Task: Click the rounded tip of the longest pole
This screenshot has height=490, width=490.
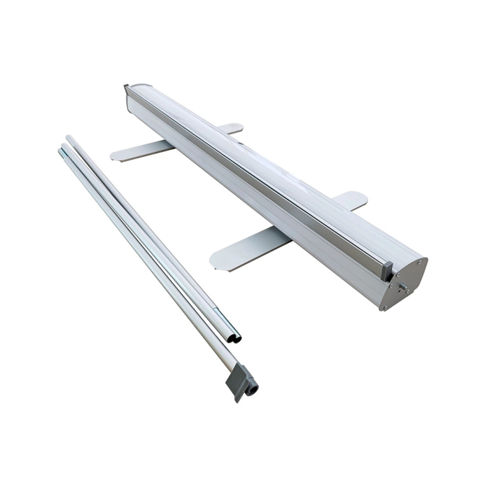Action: tap(69, 139)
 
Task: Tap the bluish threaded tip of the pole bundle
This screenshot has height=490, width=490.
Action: tap(63, 148)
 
